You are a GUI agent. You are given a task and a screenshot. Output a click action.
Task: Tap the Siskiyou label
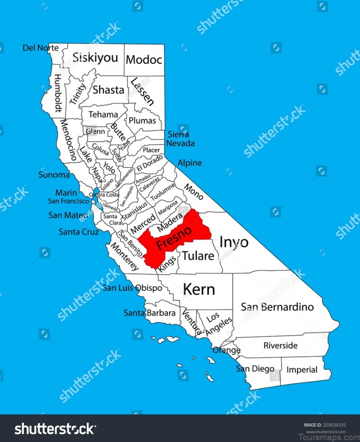95,58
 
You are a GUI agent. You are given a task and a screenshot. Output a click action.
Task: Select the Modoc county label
144,59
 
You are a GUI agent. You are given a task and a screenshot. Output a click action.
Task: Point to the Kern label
198,289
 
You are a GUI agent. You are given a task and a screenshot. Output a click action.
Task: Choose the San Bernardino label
277,307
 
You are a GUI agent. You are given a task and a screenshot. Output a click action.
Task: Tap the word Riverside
280,345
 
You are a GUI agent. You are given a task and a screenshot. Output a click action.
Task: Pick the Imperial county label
301,370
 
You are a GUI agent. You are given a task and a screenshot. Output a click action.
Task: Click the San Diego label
255,369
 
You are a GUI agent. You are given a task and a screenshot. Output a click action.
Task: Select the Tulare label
198,256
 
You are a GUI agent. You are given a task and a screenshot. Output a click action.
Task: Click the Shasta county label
108,89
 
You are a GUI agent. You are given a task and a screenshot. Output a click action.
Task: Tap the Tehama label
103,114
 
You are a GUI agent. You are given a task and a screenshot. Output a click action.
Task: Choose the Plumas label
142,121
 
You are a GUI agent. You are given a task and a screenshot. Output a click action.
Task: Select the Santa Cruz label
79,232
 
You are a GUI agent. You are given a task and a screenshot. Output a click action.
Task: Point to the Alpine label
189,163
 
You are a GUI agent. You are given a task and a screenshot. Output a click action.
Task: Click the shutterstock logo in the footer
55,429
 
